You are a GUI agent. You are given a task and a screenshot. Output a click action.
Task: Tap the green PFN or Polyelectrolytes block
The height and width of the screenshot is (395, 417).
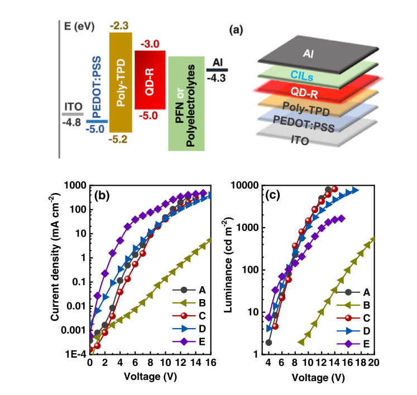(186, 103)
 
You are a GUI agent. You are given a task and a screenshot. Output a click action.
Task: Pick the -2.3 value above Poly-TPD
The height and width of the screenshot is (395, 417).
(119, 25)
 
